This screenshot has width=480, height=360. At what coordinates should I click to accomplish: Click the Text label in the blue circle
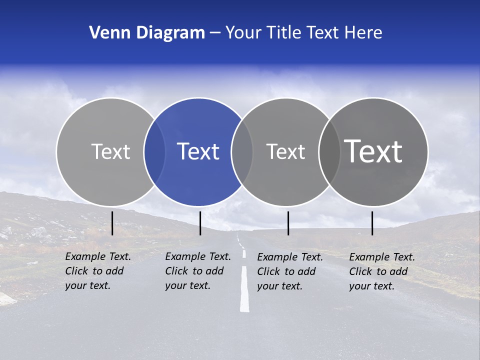pos(198,151)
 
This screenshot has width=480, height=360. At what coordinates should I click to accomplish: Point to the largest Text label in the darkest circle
pos(373,151)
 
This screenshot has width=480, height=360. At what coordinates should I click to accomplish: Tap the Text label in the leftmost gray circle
pos(110,151)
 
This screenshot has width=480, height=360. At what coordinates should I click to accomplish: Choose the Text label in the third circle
pos(285,151)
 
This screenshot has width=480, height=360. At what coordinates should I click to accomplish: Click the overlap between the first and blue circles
pos(154,151)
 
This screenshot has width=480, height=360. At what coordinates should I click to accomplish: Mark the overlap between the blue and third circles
pos(242,151)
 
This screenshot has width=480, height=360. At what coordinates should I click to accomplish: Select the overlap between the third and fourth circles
pos(329,151)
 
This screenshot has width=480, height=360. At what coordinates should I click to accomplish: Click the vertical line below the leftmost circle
pos(112,223)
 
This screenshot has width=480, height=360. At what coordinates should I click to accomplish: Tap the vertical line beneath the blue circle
pos(200,223)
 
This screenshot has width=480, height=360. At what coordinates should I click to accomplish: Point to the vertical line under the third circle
pos(288,223)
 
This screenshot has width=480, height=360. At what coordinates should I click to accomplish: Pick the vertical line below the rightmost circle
pos(372,223)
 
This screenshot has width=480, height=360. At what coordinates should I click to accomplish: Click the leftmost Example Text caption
pos(97,271)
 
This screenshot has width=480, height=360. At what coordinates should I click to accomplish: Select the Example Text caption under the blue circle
pos(197,271)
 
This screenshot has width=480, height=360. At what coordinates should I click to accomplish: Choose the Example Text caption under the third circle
pos(289,271)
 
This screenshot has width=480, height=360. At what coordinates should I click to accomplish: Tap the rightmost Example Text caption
pos(381,271)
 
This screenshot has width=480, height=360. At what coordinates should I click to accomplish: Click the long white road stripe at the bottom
pos(244,290)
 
